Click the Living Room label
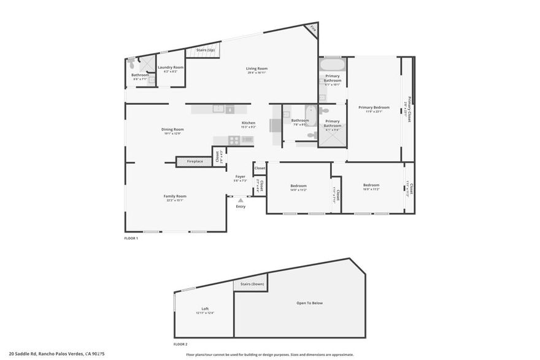[256, 69]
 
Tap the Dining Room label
[172, 129]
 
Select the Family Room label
[174, 196]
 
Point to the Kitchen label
[248, 123]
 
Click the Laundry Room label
[170, 67]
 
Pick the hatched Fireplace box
[195, 161]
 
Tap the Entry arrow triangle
[241, 199]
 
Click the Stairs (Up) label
[204, 50]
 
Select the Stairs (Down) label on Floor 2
[252, 284]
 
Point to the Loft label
[205, 308]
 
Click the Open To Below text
[309, 302]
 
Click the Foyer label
[240, 177]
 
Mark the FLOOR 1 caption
[131, 238]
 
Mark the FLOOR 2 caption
[180, 344]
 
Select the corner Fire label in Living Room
[312, 28]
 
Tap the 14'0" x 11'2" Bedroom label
[298, 186]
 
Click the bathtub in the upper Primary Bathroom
[333, 64]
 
